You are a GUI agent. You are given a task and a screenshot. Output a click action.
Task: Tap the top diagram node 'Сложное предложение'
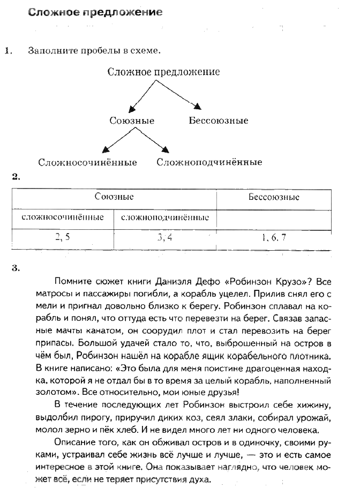click(x=163, y=72)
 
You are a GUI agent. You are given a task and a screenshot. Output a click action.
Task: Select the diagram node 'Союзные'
click(x=132, y=121)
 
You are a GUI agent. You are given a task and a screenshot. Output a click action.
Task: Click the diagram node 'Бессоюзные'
click(x=219, y=121)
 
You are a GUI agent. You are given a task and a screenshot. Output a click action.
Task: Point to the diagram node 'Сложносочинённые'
click(x=87, y=162)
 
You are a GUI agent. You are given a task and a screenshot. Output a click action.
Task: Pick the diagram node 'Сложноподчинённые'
click(x=209, y=162)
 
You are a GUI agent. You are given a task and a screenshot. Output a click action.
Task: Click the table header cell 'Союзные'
click(x=114, y=197)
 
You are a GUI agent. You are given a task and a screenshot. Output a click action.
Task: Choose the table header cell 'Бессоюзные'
click(x=274, y=197)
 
